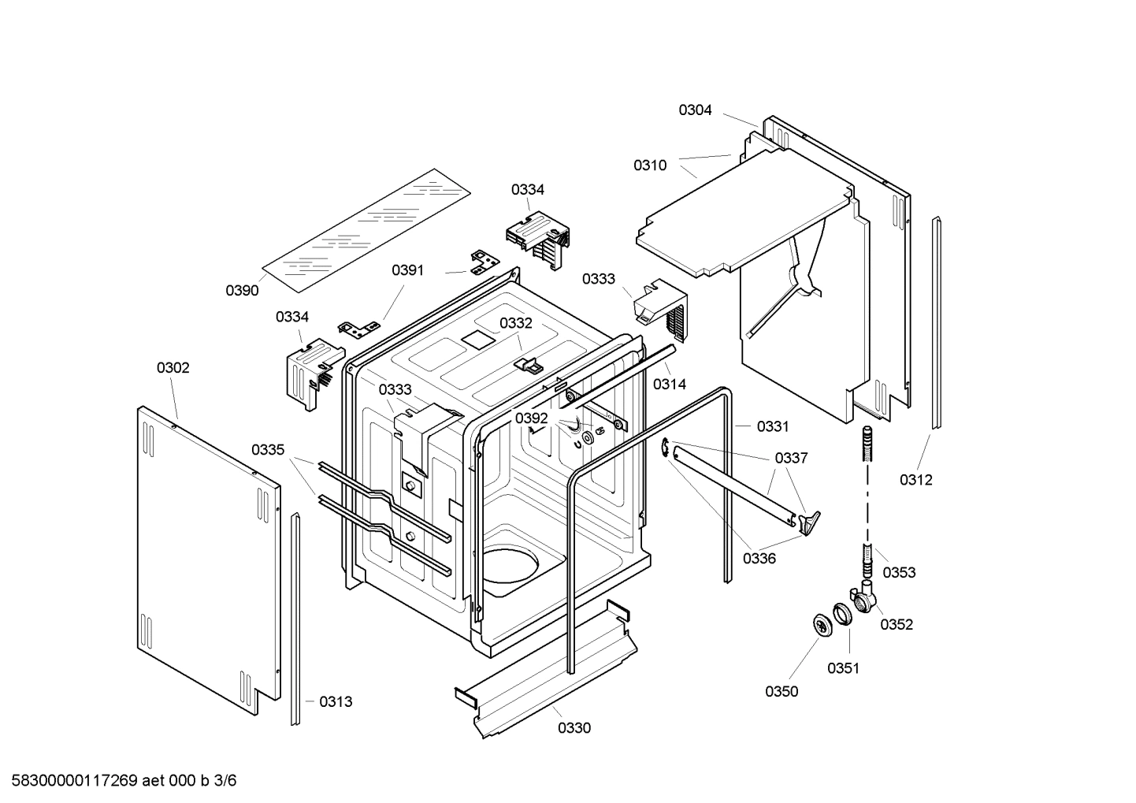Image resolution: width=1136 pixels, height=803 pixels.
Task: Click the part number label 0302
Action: click(x=173, y=368)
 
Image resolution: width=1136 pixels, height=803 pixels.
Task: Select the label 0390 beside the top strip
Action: click(x=242, y=291)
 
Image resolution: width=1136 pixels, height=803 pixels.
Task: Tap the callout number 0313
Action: click(x=336, y=702)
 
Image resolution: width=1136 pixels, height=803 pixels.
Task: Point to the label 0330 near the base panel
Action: click(x=574, y=728)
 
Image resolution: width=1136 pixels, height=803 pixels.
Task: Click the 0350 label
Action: click(x=781, y=692)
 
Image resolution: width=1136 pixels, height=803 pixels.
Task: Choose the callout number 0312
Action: click(x=916, y=480)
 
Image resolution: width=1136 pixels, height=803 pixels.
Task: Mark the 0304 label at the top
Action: click(x=695, y=110)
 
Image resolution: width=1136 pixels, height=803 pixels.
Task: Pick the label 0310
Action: click(x=650, y=165)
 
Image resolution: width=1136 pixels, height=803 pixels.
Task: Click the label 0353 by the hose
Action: click(x=899, y=573)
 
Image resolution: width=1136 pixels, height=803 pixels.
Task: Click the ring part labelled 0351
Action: click(x=842, y=613)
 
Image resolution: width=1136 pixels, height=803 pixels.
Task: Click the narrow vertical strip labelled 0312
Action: click(x=936, y=323)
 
